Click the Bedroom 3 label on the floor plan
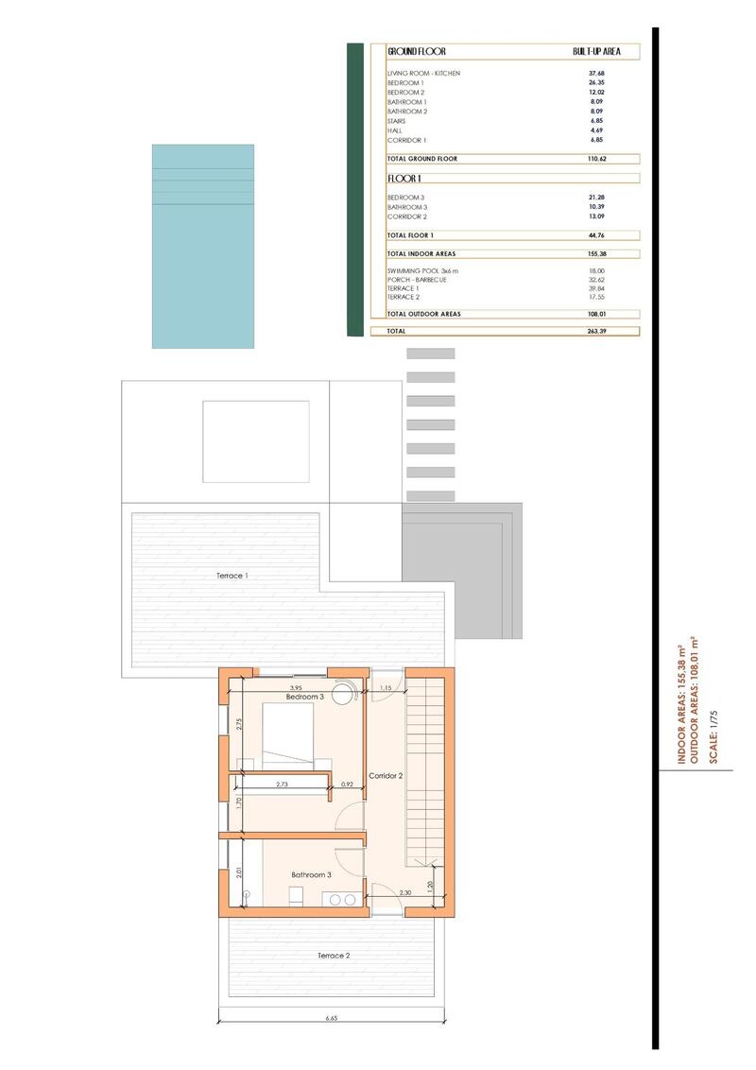305,697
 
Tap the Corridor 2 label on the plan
386,775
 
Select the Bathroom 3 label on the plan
311,874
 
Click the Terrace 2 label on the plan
334,956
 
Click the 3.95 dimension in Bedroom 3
296,687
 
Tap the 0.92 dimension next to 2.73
346,784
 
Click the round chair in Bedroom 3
344,689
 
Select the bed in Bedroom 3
288,737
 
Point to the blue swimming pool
203,246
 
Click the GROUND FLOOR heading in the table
416,52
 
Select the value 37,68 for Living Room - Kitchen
596,74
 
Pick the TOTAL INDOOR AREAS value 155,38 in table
596,254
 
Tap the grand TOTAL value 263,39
596,332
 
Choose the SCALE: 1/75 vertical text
713,740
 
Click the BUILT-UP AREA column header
596,52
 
